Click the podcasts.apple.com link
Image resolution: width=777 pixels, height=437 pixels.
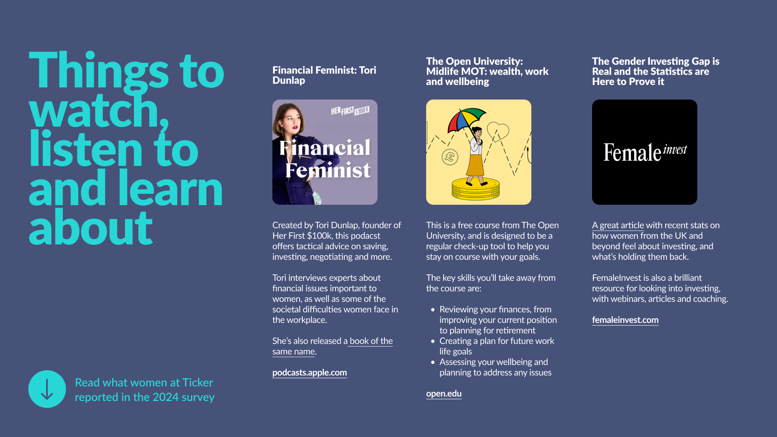coord(310,372)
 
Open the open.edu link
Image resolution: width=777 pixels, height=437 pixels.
coord(444,393)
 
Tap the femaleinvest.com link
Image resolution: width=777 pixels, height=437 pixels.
coord(625,320)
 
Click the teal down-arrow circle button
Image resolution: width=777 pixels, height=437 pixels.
coord(47,389)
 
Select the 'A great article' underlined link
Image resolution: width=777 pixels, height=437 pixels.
coord(618,225)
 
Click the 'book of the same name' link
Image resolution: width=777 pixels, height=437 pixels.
coord(332,346)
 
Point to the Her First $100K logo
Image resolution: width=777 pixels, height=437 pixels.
coord(350,110)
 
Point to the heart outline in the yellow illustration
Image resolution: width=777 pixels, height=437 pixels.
coord(498,131)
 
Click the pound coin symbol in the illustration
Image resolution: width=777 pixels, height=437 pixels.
coord(450,157)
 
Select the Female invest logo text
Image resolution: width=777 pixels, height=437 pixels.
coord(645,152)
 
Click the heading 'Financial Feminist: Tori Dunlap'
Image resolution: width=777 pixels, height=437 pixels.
coord(324,75)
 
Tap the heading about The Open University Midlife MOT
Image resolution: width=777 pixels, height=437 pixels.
coord(487,71)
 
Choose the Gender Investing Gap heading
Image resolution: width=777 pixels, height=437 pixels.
coord(656,71)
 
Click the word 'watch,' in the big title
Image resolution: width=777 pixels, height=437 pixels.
coord(99,111)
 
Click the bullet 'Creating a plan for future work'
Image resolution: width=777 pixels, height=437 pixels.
coord(497,341)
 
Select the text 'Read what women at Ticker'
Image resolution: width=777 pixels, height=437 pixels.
coord(144,382)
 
